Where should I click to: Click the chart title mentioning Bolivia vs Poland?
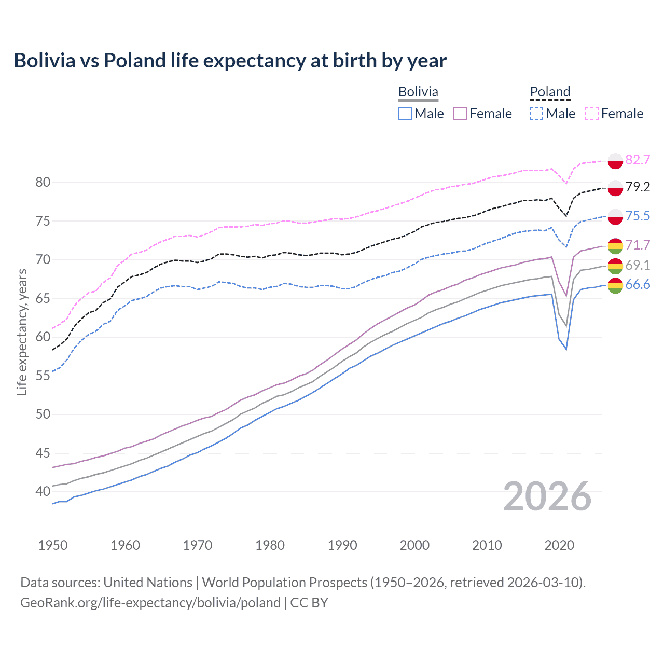point(230,61)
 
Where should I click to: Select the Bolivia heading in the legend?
point(418,92)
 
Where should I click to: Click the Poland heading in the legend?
point(550,92)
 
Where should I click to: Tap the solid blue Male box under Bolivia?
point(405,114)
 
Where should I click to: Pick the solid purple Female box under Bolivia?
point(461,114)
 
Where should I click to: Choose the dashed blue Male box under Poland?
point(536,114)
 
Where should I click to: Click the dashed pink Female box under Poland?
point(592,114)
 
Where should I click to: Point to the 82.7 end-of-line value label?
point(638,160)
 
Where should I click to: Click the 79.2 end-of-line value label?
point(638,187)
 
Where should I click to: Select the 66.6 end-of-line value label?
point(638,284)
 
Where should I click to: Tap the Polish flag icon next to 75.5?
point(615,216)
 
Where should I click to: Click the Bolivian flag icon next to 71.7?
point(615,245)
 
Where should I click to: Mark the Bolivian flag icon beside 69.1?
point(615,266)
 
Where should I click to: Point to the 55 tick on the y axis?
point(43,376)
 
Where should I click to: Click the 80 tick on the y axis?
point(43,182)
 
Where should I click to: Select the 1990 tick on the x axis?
point(342,545)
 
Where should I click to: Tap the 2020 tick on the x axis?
point(559,545)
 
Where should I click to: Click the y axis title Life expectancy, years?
point(22,332)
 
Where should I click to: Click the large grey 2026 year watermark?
point(547,496)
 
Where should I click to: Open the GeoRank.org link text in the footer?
point(150,603)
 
